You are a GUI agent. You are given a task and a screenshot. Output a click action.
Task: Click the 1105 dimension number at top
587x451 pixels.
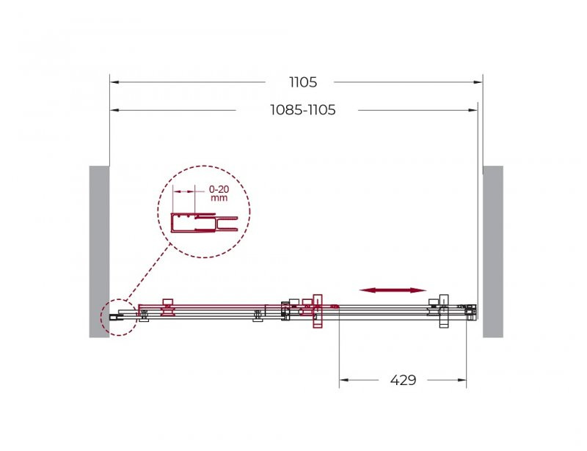point(303,82)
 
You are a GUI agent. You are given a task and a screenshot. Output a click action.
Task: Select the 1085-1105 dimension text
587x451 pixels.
point(303,110)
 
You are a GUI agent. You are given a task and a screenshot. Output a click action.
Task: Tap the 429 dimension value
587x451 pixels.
point(403,380)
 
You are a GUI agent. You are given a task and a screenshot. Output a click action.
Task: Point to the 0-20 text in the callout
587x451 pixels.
point(219,190)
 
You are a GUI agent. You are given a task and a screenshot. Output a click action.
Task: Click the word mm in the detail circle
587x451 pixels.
point(219,198)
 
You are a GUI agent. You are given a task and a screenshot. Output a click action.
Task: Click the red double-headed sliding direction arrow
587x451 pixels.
point(393,290)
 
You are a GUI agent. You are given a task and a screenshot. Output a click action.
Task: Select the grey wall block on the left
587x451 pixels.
point(99,252)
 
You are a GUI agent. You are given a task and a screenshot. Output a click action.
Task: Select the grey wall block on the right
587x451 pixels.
point(493,252)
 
